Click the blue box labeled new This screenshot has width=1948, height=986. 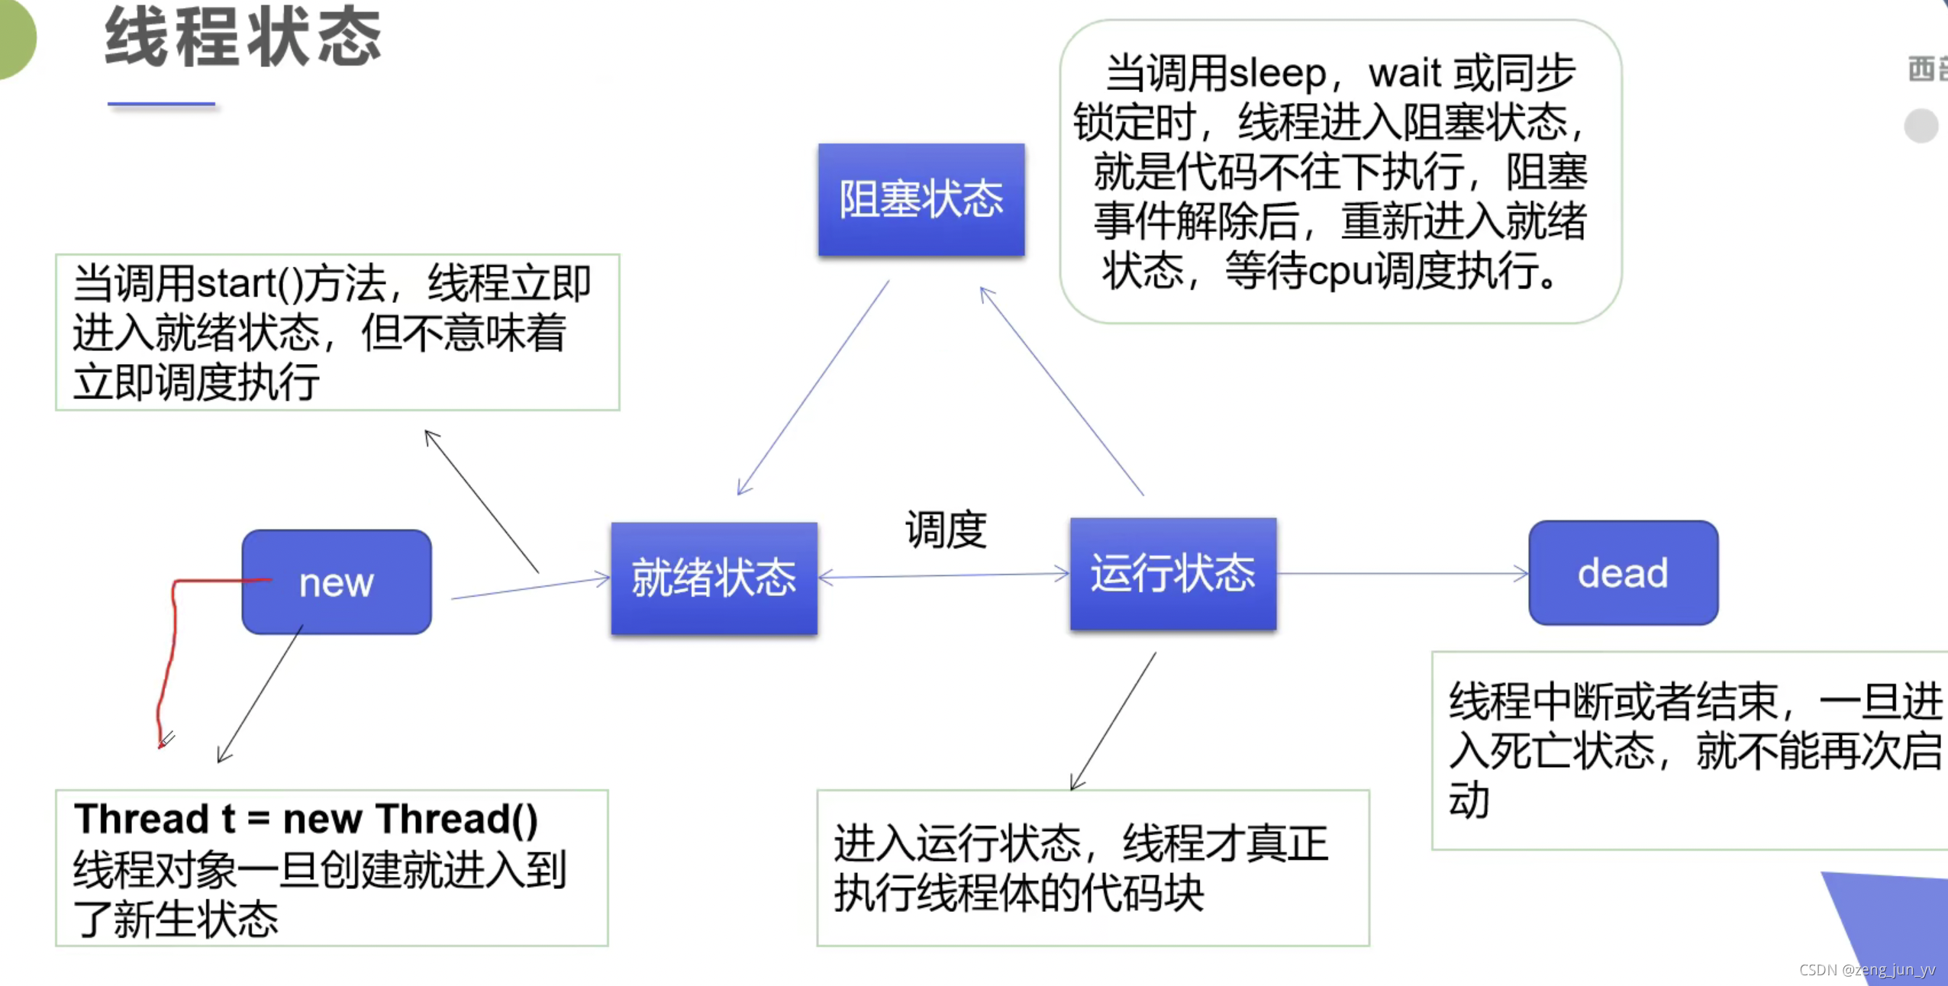coord(336,582)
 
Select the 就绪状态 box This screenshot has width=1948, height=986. coord(714,578)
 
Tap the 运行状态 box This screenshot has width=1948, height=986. coord(1172,574)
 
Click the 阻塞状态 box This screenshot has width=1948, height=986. coord(921,199)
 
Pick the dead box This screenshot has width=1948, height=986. coord(1623,573)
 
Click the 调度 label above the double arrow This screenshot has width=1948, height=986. coord(946,530)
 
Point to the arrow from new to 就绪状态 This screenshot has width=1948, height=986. coord(531,588)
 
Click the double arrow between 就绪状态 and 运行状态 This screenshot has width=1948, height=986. coord(943,575)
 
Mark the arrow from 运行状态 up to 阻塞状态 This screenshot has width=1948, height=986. coord(1061,391)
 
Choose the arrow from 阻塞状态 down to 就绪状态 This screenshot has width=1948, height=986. coord(813,388)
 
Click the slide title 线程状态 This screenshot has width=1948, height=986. coord(243,37)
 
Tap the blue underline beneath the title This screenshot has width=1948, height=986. coord(161,104)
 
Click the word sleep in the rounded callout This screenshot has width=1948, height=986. coord(1277,74)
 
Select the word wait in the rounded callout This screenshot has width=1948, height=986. coord(1405,74)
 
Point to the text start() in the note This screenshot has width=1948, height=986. coord(250,284)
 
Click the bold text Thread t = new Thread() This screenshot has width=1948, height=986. coord(306,819)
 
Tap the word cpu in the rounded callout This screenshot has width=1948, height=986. coord(1336,272)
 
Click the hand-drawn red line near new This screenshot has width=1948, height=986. coord(172,649)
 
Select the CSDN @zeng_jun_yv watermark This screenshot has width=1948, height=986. coord(1866,969)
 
